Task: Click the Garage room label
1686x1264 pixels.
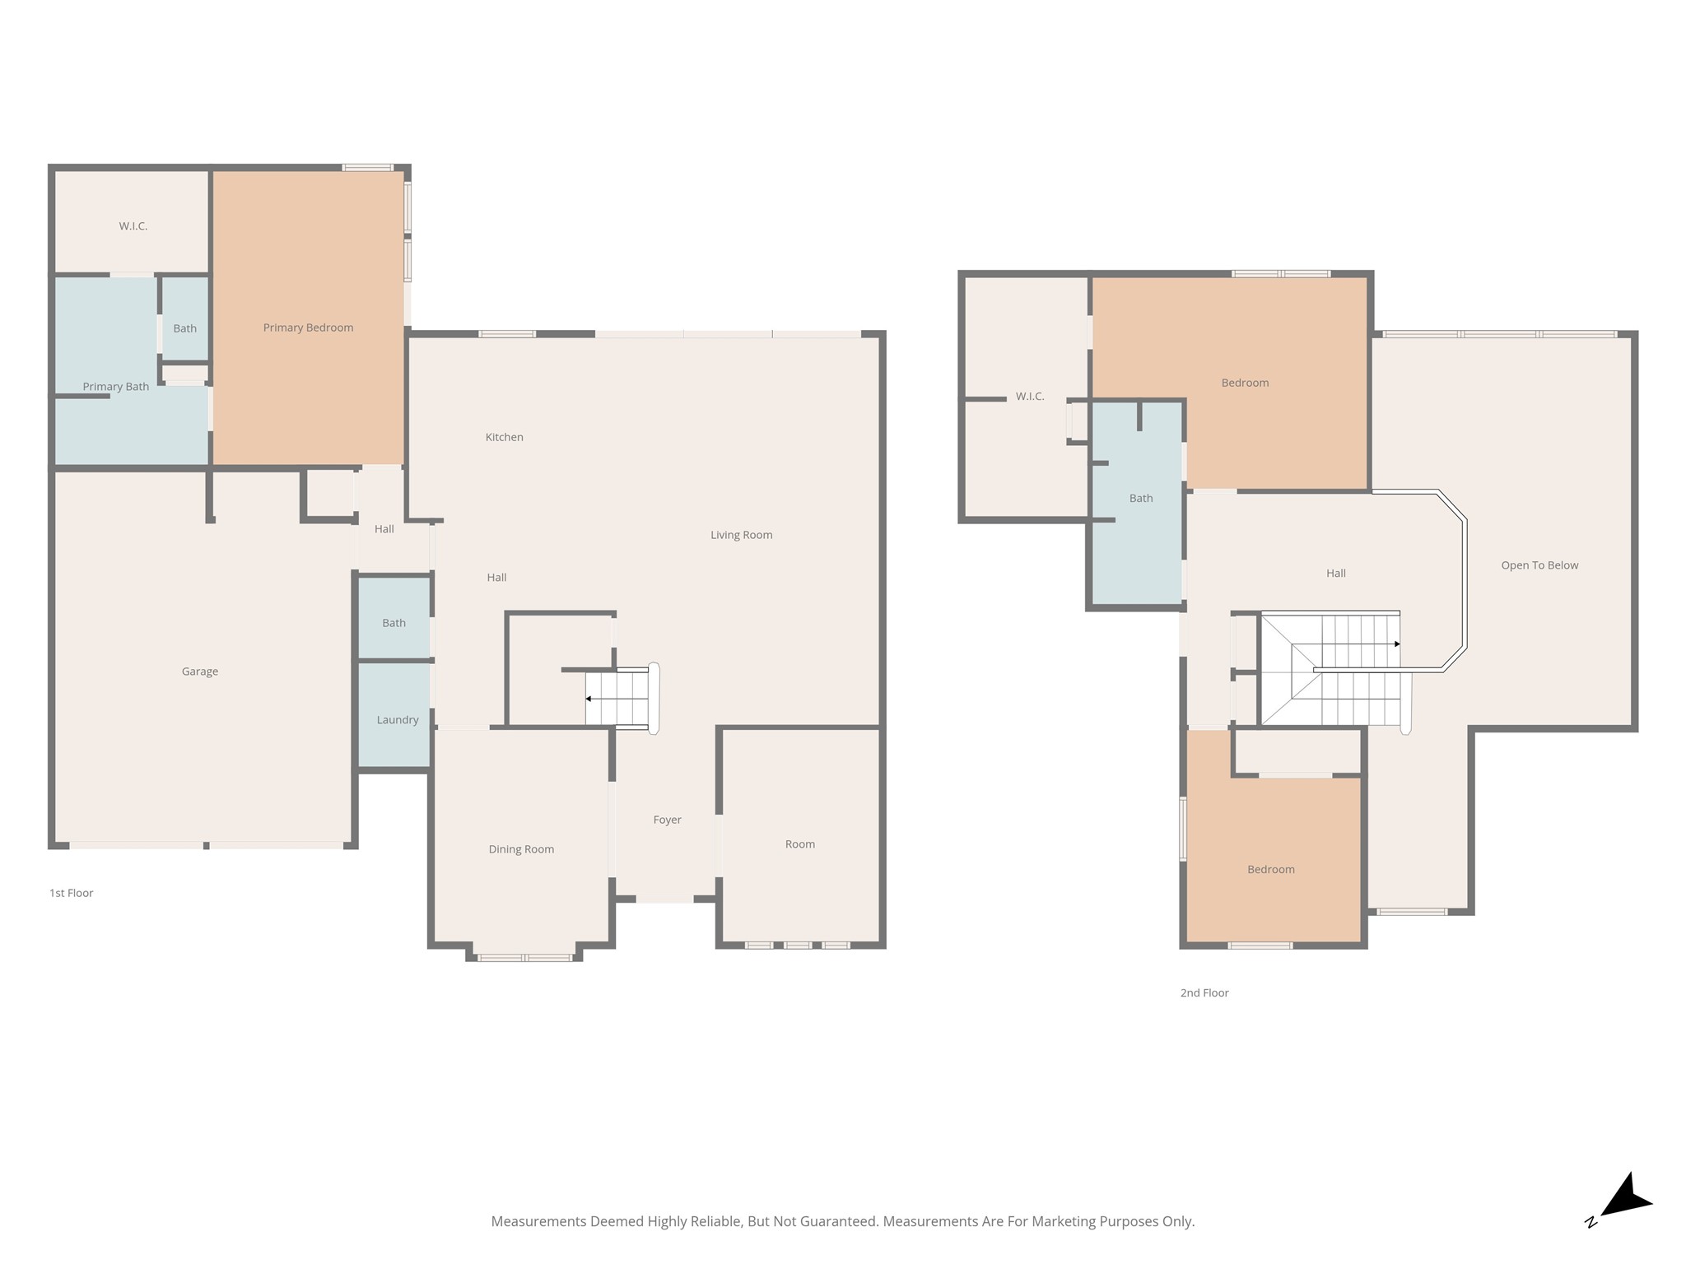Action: click(200, 671)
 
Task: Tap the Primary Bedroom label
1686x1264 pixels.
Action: click(308, 328)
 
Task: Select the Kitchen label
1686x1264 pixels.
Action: click(505, 437)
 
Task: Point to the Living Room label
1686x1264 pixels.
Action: click(742, 535)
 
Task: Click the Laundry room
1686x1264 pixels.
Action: click(394, 715)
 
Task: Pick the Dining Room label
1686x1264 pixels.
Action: click(521, 849)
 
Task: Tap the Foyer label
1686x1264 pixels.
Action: click(668, 820)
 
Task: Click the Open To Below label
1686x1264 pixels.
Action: click(1539, 565)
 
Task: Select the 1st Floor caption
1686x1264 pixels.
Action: click(72, 893)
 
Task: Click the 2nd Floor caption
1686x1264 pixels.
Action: click(1204, 992)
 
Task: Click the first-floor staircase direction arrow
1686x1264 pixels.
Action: click(617, 699)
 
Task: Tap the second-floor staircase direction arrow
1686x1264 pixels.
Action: click(1357, 644)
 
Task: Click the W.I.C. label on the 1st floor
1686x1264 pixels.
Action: click(133, 226)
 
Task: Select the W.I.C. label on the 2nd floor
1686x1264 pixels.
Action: click(1030, 397)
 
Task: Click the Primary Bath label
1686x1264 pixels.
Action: click(116, 387)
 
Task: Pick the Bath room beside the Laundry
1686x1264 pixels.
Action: click(394, 618)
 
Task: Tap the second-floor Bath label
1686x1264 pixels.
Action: click(1141, 498)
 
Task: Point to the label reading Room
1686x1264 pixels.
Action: click(800, 844)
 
